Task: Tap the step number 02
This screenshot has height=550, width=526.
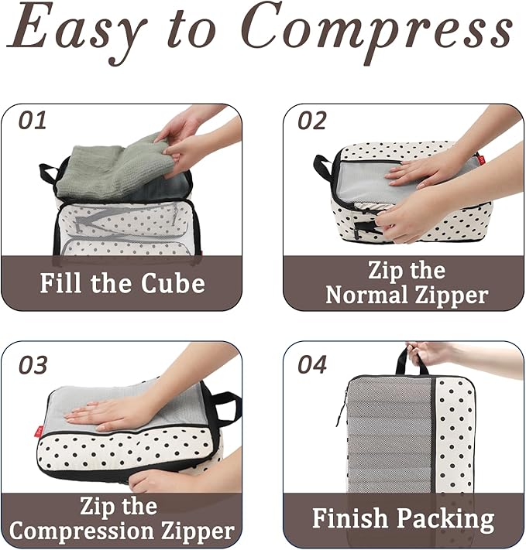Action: tap(312, 121)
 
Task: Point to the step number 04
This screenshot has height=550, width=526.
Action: tap(312, 364)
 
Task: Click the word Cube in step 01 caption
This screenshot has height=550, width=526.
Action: tap(173, 283)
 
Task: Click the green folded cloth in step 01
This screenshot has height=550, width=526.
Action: tap(108, 166)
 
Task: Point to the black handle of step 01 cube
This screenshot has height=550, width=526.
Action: tap(49, 172)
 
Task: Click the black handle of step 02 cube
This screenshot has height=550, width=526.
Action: tap(322, 166)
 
